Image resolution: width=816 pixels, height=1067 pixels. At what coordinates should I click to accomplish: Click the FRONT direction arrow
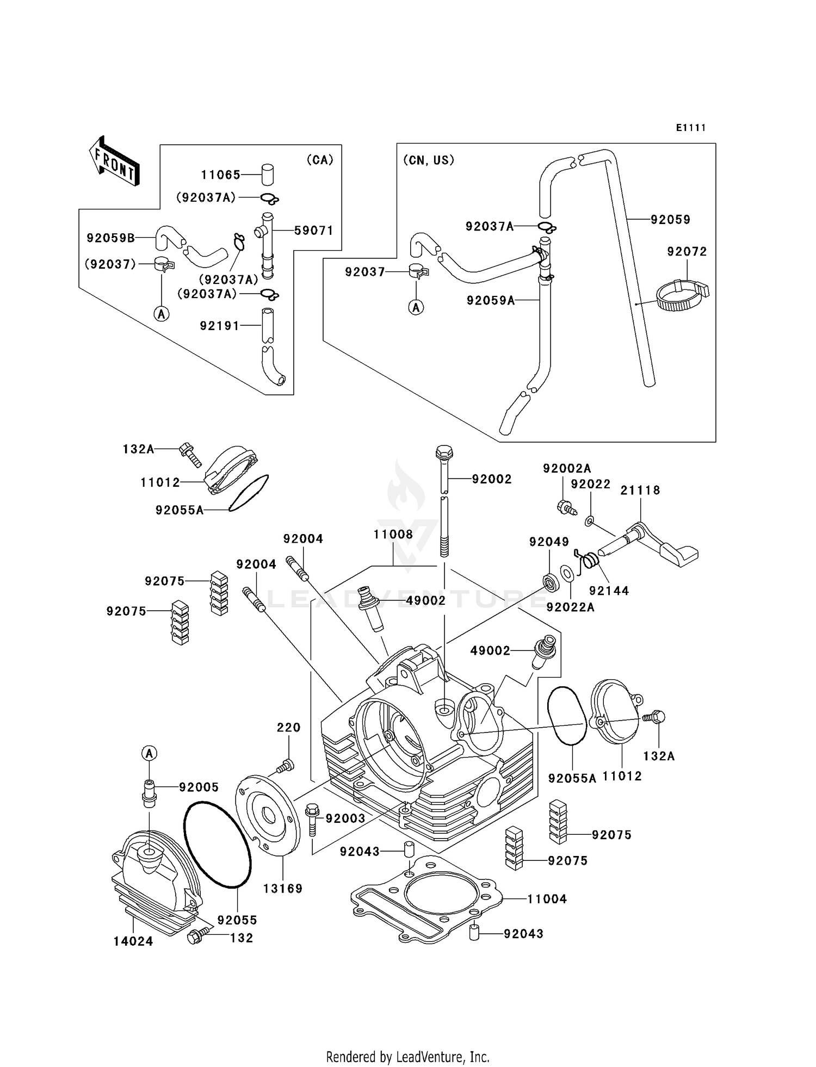coord(114,161)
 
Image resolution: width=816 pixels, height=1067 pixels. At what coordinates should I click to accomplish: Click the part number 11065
coord(220,175)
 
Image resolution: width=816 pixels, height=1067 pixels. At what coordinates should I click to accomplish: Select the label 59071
coord(313,231)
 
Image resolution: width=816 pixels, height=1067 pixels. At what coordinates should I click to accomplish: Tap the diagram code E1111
coord(691,128)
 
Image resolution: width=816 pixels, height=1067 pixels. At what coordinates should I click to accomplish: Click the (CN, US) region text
coord(428,160)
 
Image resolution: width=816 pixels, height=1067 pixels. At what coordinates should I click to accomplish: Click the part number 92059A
coord(490,300)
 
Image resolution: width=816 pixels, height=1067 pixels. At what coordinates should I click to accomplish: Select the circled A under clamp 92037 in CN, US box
coord(416,308)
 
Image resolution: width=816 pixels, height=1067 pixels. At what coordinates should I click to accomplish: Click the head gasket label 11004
coord(547,899)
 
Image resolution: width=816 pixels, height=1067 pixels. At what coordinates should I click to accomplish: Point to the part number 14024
coord(133,941)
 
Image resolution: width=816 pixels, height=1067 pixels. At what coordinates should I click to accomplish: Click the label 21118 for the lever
coord(640,491)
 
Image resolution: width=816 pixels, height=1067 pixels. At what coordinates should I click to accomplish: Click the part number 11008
coord(393,535)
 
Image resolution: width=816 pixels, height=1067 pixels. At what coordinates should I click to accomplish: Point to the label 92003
coord(345,818)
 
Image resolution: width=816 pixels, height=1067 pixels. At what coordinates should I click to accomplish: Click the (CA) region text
coord(319,160)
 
